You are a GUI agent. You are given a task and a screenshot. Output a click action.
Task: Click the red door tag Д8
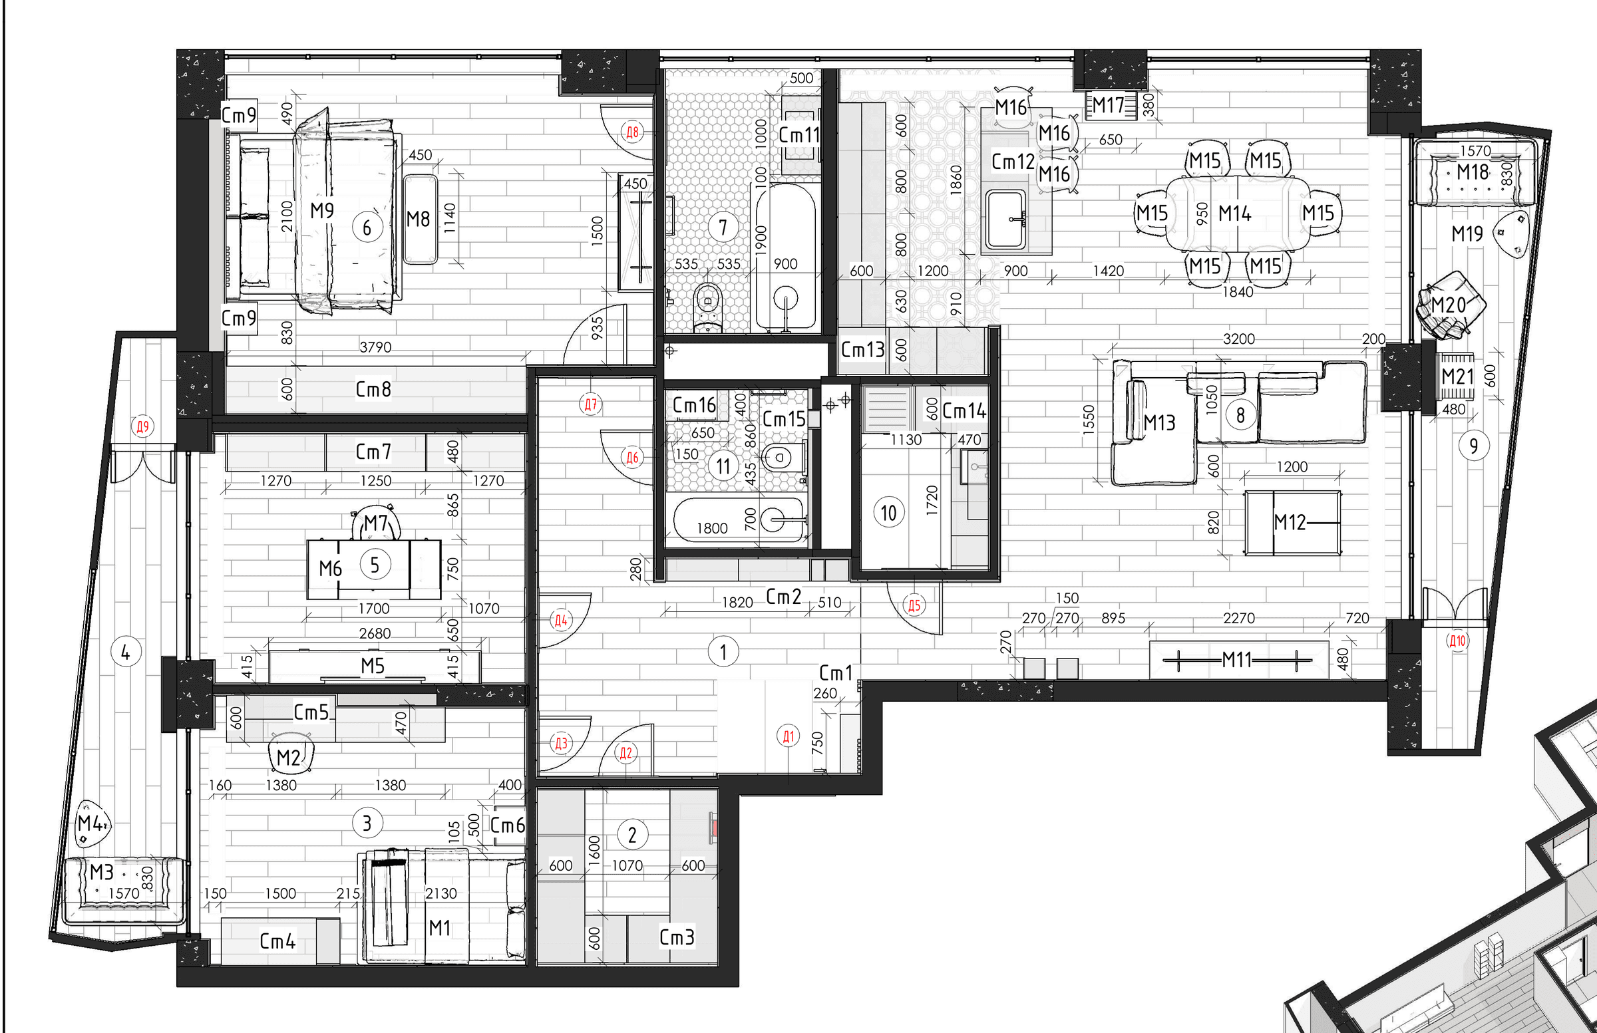(632, 132)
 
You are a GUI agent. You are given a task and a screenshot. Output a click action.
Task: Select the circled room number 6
(367, 227)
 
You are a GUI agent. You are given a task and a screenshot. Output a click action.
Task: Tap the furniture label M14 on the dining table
(1234, 214)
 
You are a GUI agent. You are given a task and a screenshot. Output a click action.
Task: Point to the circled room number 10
(888, 513)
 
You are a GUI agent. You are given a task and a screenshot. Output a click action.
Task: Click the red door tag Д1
(789, 736)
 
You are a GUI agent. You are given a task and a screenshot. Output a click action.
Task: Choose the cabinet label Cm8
(373, 389)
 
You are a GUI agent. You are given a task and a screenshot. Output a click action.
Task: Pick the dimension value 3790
(375, 347)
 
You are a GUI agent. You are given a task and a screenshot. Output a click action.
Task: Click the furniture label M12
(1289, 522)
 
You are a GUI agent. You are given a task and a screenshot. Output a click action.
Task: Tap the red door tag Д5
(914, 606)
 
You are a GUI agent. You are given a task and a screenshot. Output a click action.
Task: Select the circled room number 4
(126, 652)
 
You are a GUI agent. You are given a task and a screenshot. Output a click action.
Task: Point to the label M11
(1236, 660)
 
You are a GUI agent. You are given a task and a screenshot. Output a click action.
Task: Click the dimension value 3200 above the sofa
(1239, 339)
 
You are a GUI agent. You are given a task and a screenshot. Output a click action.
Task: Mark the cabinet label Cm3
(677, 937)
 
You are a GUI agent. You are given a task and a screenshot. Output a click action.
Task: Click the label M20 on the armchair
(1448, 305)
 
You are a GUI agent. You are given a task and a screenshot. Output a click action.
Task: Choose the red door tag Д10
(1457, 641)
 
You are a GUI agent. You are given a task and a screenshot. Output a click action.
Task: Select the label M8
(418, 219)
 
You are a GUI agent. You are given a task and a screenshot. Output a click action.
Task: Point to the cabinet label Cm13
(863, 349)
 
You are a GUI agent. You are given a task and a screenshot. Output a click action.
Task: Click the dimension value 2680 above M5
(375, 633)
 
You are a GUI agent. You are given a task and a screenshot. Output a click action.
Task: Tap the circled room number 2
(632, 835)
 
